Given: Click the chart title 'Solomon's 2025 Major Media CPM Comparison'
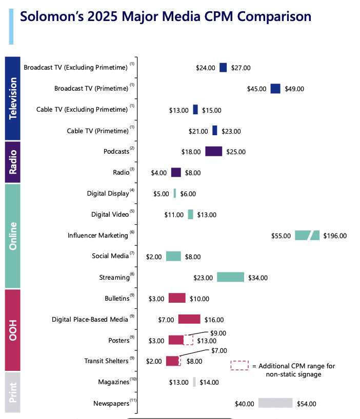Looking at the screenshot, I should click(165, 17).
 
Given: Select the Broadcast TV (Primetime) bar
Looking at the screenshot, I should click(275, 89).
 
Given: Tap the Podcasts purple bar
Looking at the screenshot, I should click(213, 151).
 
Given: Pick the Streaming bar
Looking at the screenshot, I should click(230, 277).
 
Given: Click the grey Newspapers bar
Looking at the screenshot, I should click(275, 403).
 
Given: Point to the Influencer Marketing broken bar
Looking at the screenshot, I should click(307, 235).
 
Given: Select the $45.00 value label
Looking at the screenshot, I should click(256, 89).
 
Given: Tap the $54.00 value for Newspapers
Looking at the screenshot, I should click(306, 404).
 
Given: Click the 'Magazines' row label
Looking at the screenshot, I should click(113, 382).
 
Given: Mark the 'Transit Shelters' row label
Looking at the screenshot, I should click(106, 361).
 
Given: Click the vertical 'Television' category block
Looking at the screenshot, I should click(13, 98).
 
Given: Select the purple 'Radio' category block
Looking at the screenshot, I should click(13, 162).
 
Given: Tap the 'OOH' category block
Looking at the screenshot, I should click(13, 329).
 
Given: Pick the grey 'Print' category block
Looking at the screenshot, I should click(13, 393).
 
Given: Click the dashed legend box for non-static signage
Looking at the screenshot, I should click(239, 366).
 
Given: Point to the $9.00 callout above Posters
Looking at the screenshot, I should click(218, 332).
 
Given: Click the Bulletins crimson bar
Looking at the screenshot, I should click(176, 298).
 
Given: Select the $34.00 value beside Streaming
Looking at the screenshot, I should click(257, 278).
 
